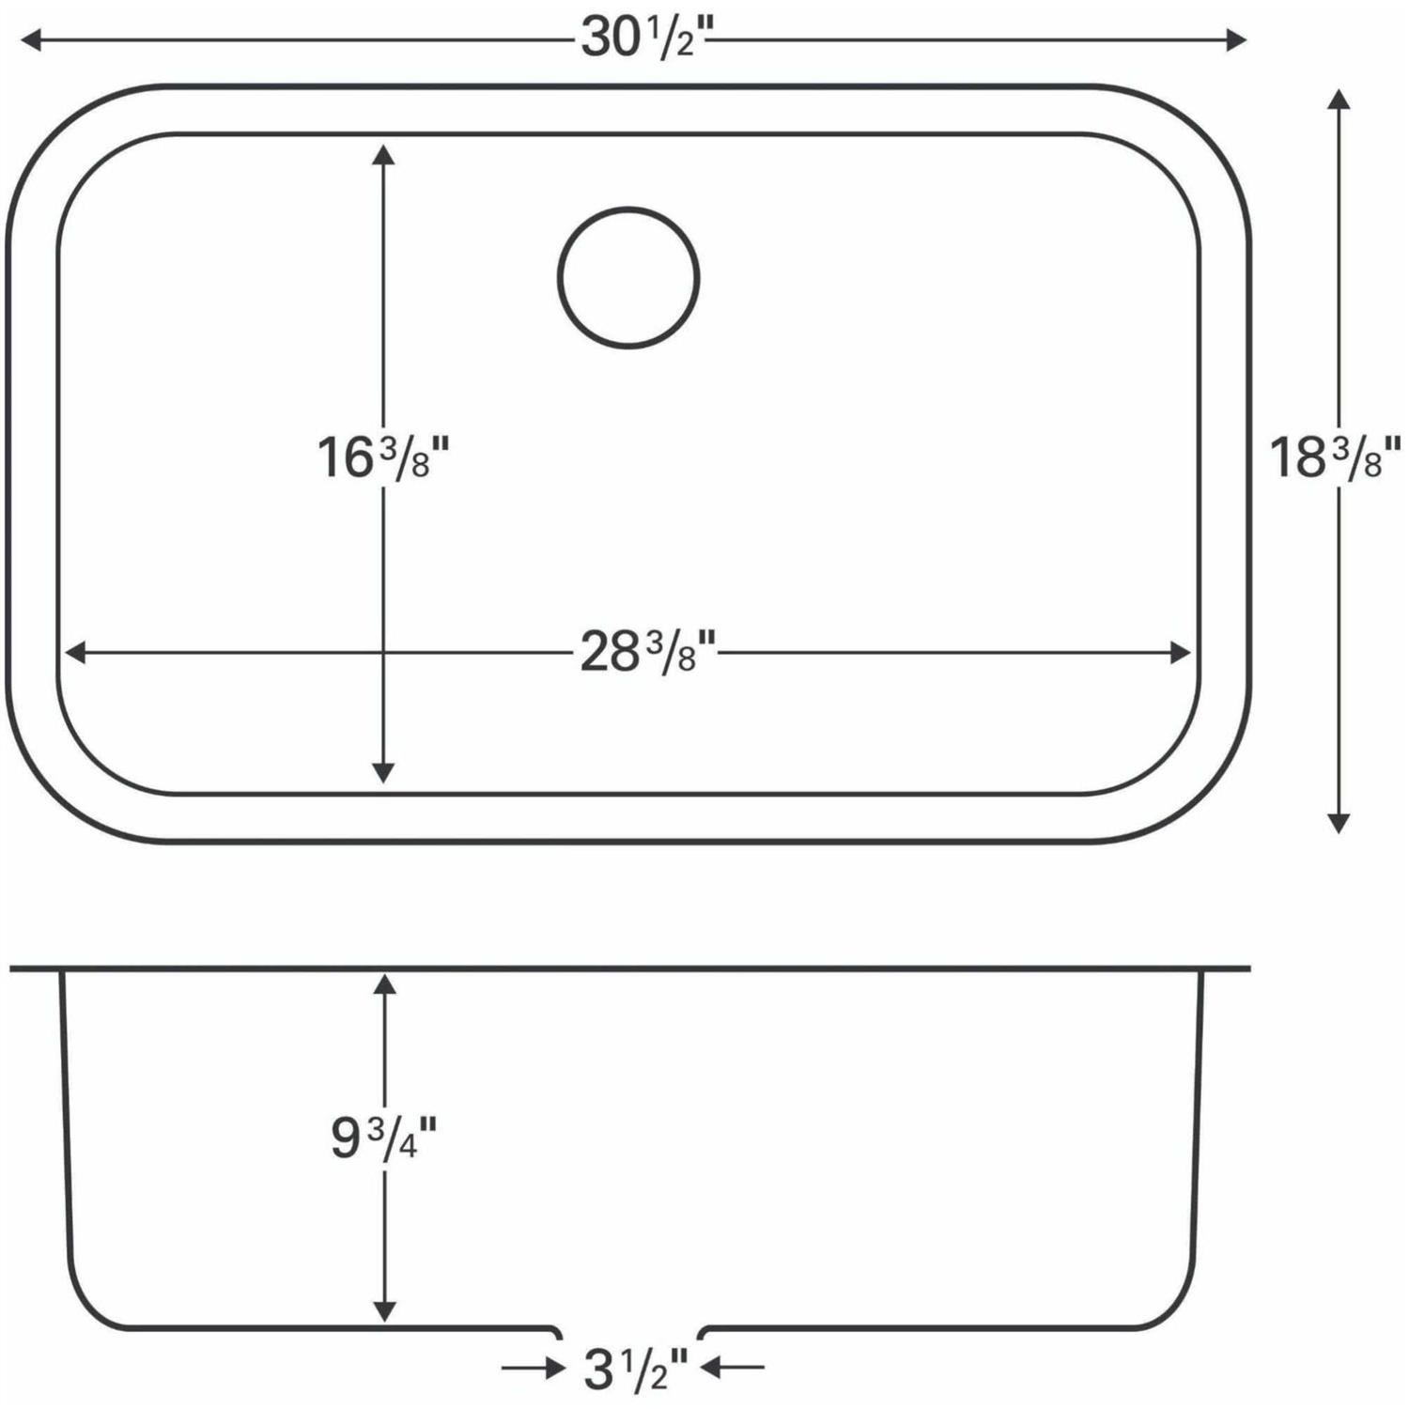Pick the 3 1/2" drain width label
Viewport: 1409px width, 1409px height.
(636, 1370)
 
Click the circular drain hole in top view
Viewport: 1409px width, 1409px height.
(628, 278)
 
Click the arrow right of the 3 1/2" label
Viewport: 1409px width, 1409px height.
(733, 1369)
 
